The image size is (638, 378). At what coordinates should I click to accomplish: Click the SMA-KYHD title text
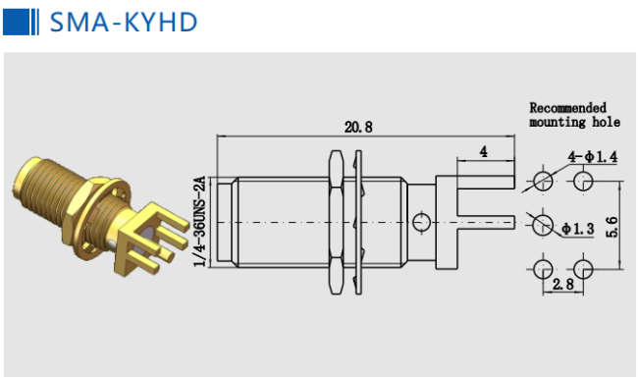[124, 22]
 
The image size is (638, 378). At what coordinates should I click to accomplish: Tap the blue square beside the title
[17, 22]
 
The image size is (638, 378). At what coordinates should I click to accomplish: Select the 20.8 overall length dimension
[358, 127]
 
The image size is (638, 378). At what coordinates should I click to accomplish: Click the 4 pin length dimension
[483, 152]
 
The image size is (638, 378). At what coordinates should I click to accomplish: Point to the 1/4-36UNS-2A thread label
[199, 221]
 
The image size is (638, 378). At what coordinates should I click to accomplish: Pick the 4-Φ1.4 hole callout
[593, 157]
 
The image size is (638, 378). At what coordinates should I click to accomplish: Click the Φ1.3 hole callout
[578, 229]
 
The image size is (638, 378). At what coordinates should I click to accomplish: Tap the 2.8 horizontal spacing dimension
[563, 284]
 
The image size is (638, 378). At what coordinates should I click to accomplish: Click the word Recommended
[567, 108]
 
